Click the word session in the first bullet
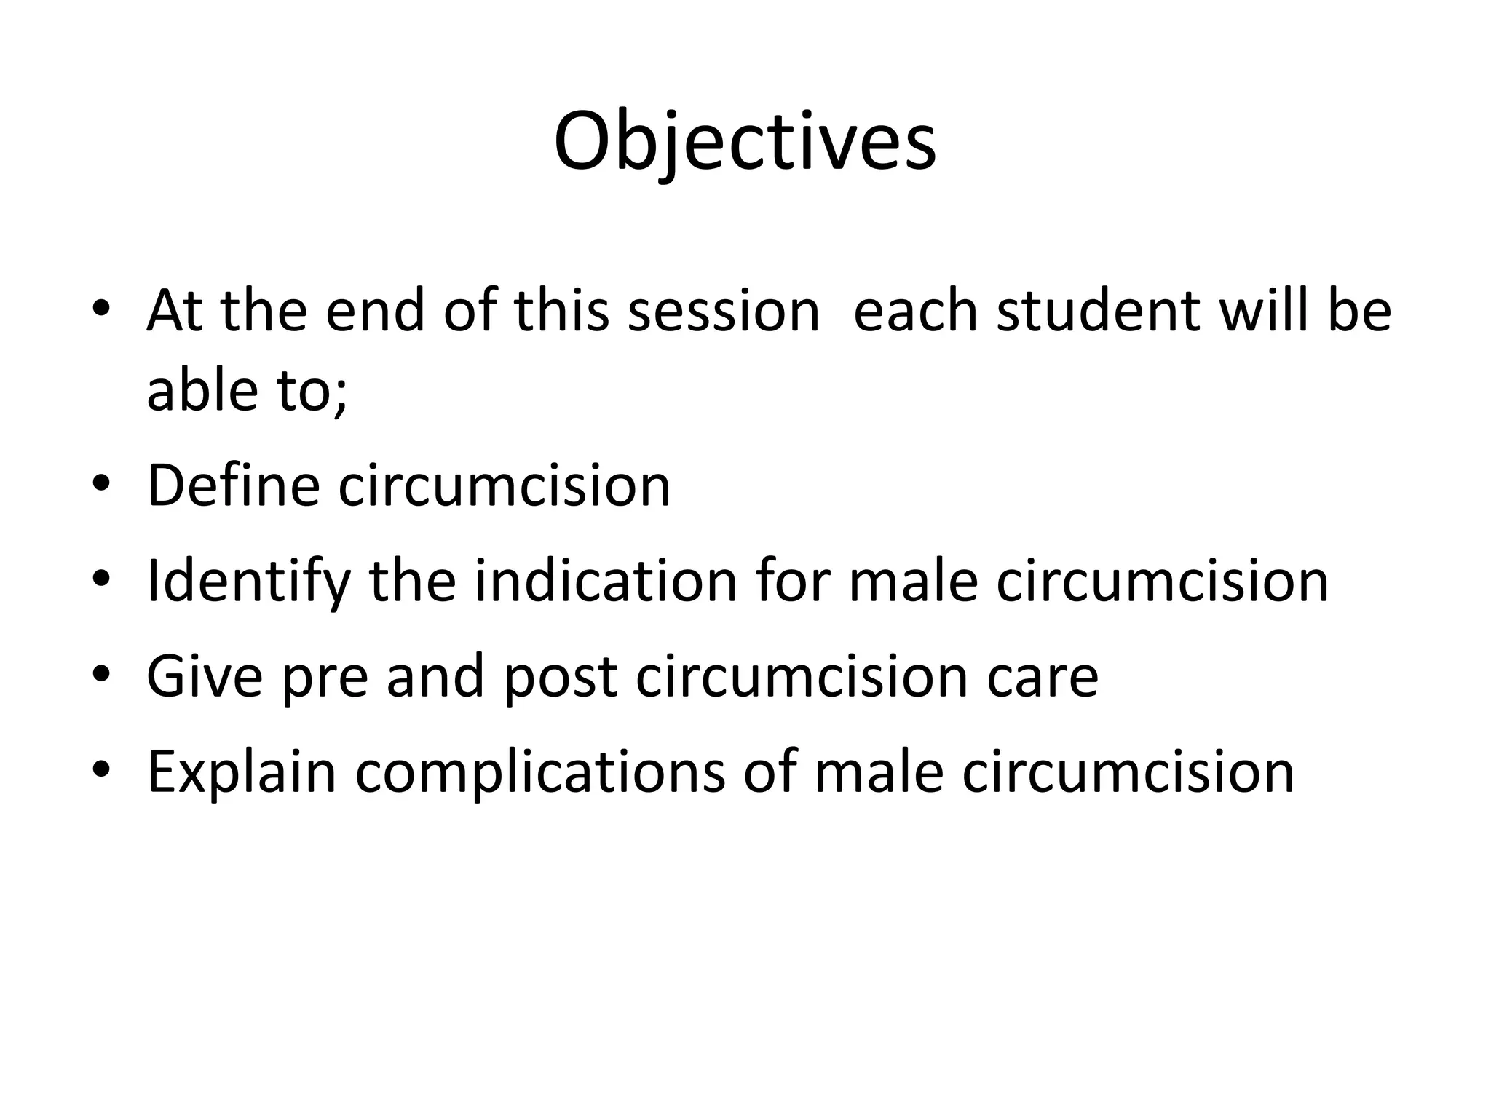[724, 312]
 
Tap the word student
[1099, 312]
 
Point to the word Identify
[248, 582]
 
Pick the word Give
[205, 676]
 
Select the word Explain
[242, 773]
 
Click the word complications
[539, 773]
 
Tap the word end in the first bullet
[374, 312]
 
